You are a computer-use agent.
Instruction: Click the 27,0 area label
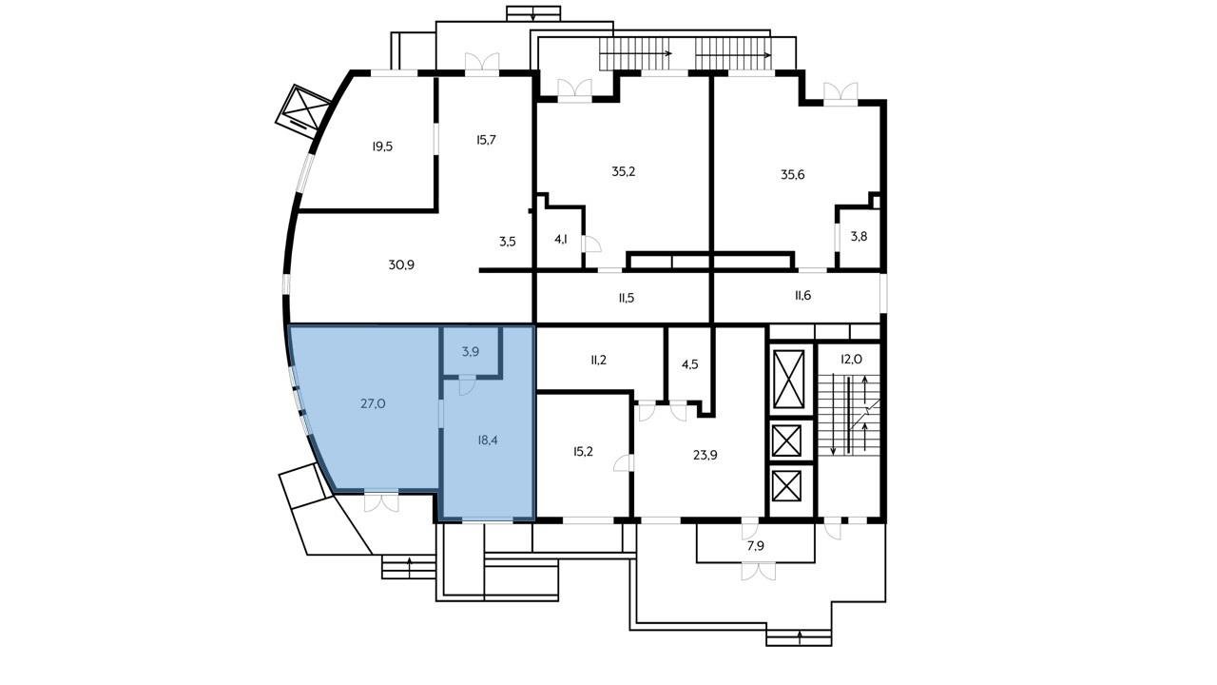(374, 404)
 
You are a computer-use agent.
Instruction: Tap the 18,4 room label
(488, 440)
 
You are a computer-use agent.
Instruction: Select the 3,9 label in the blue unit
(471, 352)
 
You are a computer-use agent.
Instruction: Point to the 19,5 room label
(382, 147)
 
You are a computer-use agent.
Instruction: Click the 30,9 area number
(401, 264)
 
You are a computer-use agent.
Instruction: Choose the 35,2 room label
(623, 172)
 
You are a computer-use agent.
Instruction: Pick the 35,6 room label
(793, 174)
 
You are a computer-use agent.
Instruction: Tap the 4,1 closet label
(561, 239)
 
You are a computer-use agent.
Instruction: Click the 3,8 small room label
(859, 237)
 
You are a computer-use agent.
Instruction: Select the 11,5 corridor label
(626, 298)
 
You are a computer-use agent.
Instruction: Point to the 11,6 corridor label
(802, 295)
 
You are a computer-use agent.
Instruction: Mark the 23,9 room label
(705, 455)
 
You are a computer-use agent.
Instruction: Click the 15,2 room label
(583, 452)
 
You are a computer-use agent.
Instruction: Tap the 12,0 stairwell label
(851, 360)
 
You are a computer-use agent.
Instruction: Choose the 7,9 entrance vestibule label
(756, 546)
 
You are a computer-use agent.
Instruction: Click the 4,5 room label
(690, 364)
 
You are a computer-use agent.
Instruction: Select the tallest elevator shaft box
(788, 379)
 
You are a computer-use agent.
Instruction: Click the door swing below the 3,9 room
(467, 385)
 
